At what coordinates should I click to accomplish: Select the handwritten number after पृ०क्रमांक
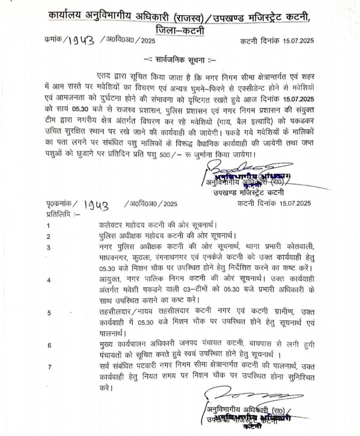click(x=95, y=205)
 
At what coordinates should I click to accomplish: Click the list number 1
click(x=49, y=225)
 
